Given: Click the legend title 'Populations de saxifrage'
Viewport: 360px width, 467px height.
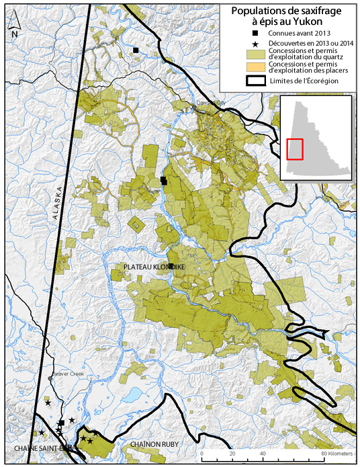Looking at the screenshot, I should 287,11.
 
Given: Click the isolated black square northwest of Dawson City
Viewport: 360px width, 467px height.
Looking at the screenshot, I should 136,50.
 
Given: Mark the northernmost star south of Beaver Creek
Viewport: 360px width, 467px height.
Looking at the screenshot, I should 48,403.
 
